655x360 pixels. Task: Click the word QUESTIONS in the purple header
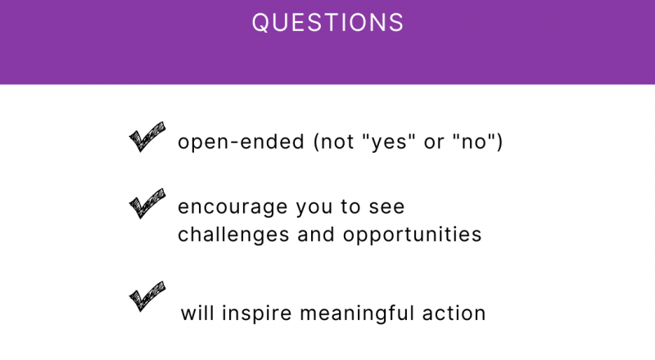pos(327,22)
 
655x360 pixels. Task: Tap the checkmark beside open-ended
pos(147,137)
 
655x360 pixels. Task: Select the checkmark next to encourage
pos(147,204)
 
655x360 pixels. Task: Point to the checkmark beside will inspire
pos(147,296)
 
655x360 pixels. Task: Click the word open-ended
pos(241,142)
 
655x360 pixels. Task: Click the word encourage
pos(233,208)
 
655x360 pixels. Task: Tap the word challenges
pos(233,235)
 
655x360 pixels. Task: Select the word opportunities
pos(413,235)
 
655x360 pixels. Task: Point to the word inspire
pos(256,314)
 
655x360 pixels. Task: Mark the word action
pos(454,313)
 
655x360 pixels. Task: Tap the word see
pos(386,208)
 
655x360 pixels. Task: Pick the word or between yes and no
pos(434,143)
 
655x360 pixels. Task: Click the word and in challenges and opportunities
pos(316,234)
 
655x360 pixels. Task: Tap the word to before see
pos(350,207)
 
